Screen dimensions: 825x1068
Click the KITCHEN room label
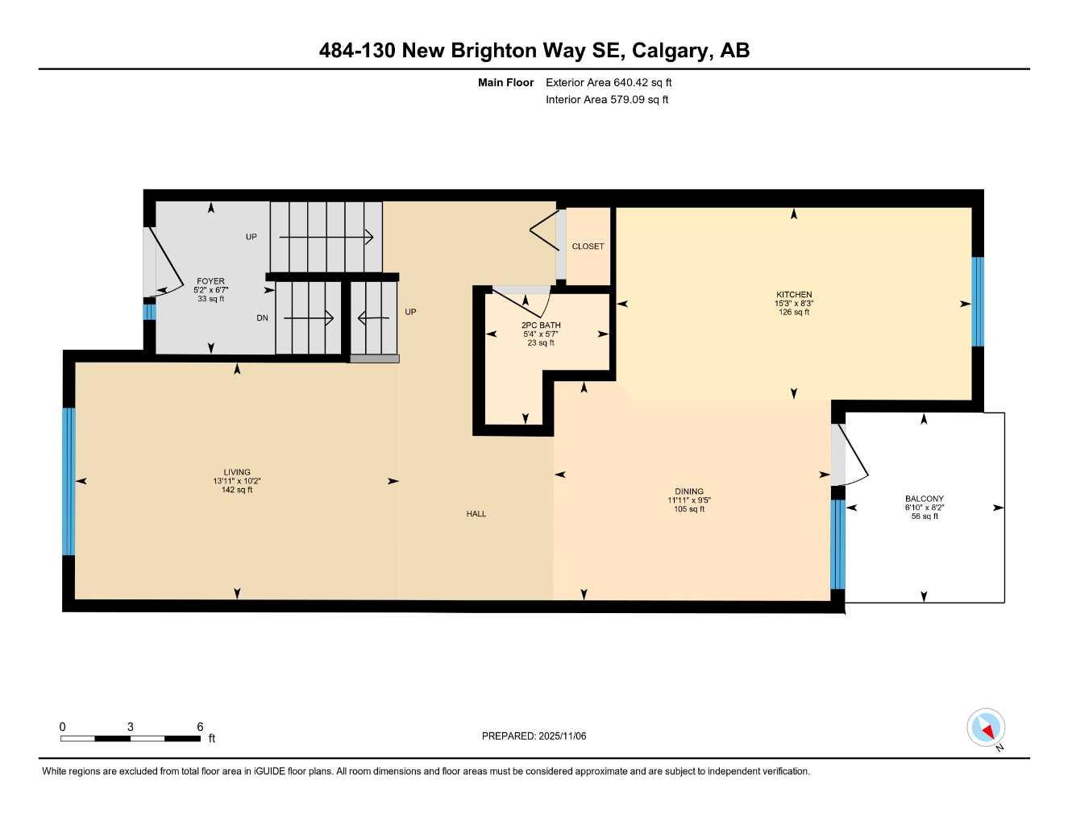point(794,295)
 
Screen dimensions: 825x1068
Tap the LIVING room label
point(237,472)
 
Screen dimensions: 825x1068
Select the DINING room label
point(689,491)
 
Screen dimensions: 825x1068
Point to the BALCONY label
point(924,500)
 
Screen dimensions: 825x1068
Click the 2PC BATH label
point(541,325)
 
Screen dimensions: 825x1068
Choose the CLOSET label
point(588,247)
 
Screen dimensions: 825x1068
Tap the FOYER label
point(210,282)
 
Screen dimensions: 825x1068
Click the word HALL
point(476,514)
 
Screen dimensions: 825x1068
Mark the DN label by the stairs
point(262,318)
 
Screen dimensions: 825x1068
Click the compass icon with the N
point(986,728)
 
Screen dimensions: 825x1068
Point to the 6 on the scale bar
point(200,727)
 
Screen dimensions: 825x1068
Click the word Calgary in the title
point(671,51)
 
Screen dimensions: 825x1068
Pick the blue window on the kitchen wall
point(978,301)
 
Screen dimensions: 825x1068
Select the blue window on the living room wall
point(69,482)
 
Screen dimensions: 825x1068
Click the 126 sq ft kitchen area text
point(794,313)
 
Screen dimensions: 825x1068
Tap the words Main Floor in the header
point(505,82)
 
